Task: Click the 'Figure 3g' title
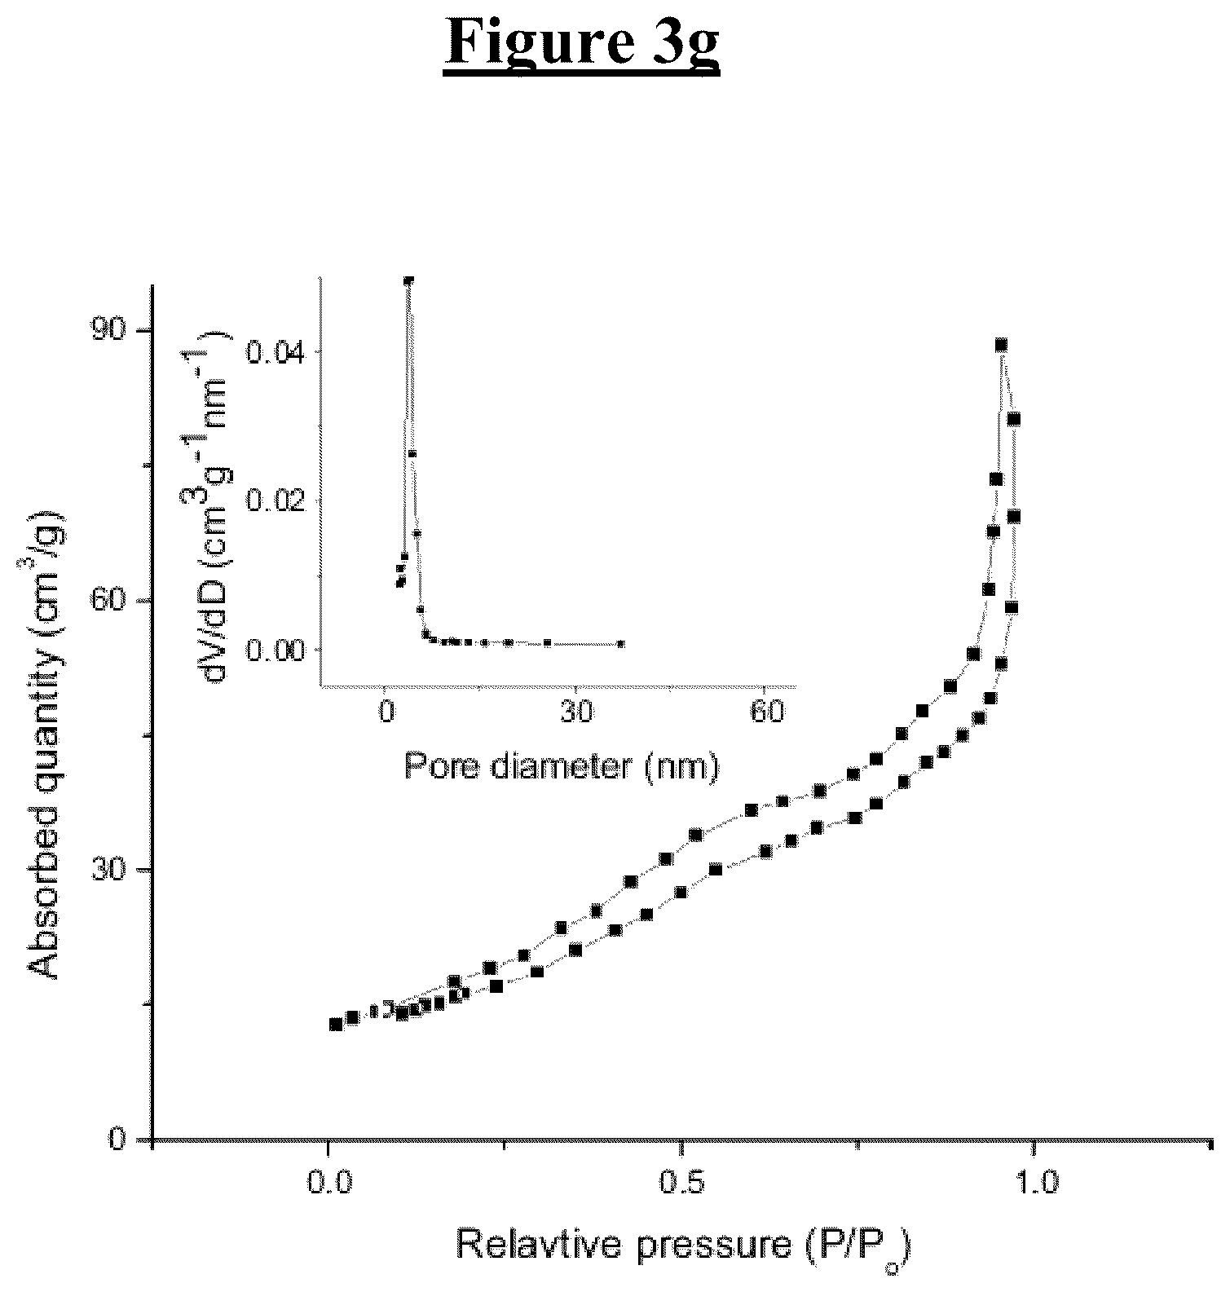tap(583, 44)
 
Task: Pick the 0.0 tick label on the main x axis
tap(328, 1180)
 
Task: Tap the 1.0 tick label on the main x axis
tap(1034, 1180)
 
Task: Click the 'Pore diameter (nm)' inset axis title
tap(562, 767)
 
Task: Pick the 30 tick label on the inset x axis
tap(575, 712)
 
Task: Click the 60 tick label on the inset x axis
tap(765, 712)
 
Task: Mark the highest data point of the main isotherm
tap(1001, 345)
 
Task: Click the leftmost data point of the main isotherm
tap(335, 1025)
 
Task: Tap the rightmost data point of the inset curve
tap(621, 643)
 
